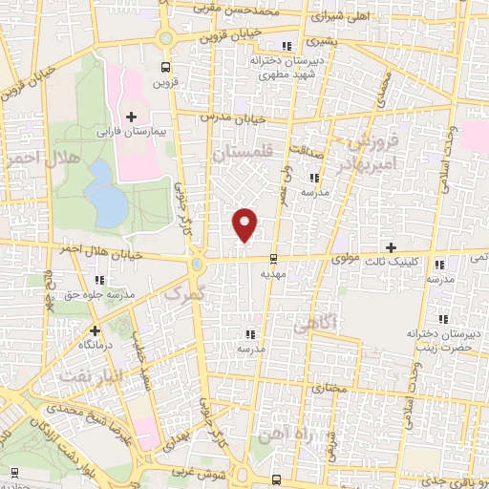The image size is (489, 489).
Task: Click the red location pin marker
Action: tap(246, 224)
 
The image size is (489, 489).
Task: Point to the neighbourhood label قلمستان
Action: tap(243, 153)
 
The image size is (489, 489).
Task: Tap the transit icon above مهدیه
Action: tap(274, 259)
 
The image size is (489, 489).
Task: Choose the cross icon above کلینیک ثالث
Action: tap(391, 247)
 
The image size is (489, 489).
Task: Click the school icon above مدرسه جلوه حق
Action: tap(99, 279)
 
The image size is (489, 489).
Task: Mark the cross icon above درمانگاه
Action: tap(94, 330)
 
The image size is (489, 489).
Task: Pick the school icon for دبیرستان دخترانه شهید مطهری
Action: tap(285, 46)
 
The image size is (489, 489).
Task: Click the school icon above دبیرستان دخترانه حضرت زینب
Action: tap(441, 320)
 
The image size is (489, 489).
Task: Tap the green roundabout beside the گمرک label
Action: tap(196, 264)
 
